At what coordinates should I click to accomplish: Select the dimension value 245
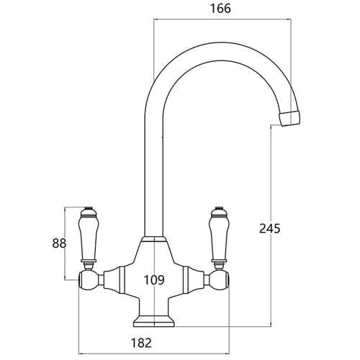[x=268, y=228]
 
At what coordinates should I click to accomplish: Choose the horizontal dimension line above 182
[x=153, y=333]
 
